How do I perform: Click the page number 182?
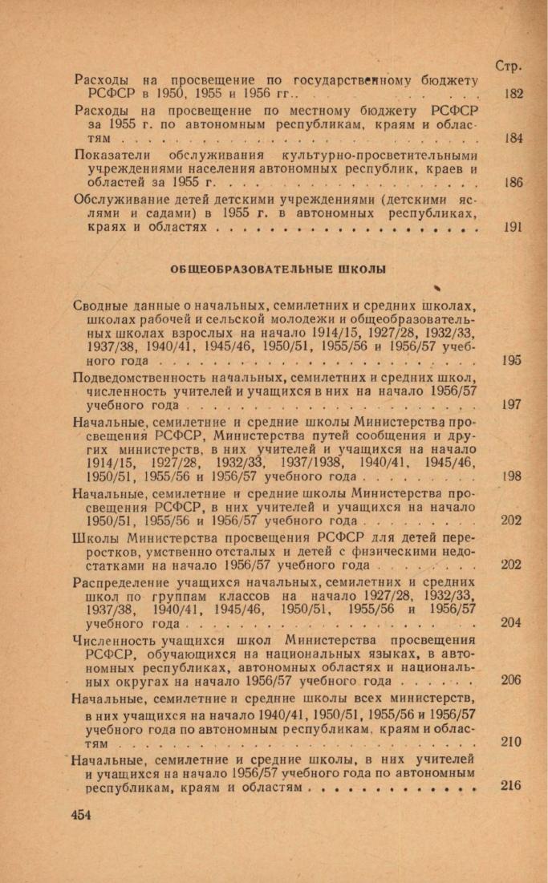(513, 94)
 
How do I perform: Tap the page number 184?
(513, 138)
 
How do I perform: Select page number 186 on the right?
(513, 182)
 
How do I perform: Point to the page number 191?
(513, 227)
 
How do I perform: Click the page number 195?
(511, 360)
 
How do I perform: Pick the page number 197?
(511, 405)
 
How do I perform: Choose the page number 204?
(511, 622)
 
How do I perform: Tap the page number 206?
(511, 680)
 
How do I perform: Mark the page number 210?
(511, 742)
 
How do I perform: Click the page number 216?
(511, 786)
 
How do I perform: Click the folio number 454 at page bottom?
(82, 815)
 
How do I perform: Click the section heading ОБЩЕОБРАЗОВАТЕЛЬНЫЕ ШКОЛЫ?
(278, 270)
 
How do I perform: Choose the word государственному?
(353, 80)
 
